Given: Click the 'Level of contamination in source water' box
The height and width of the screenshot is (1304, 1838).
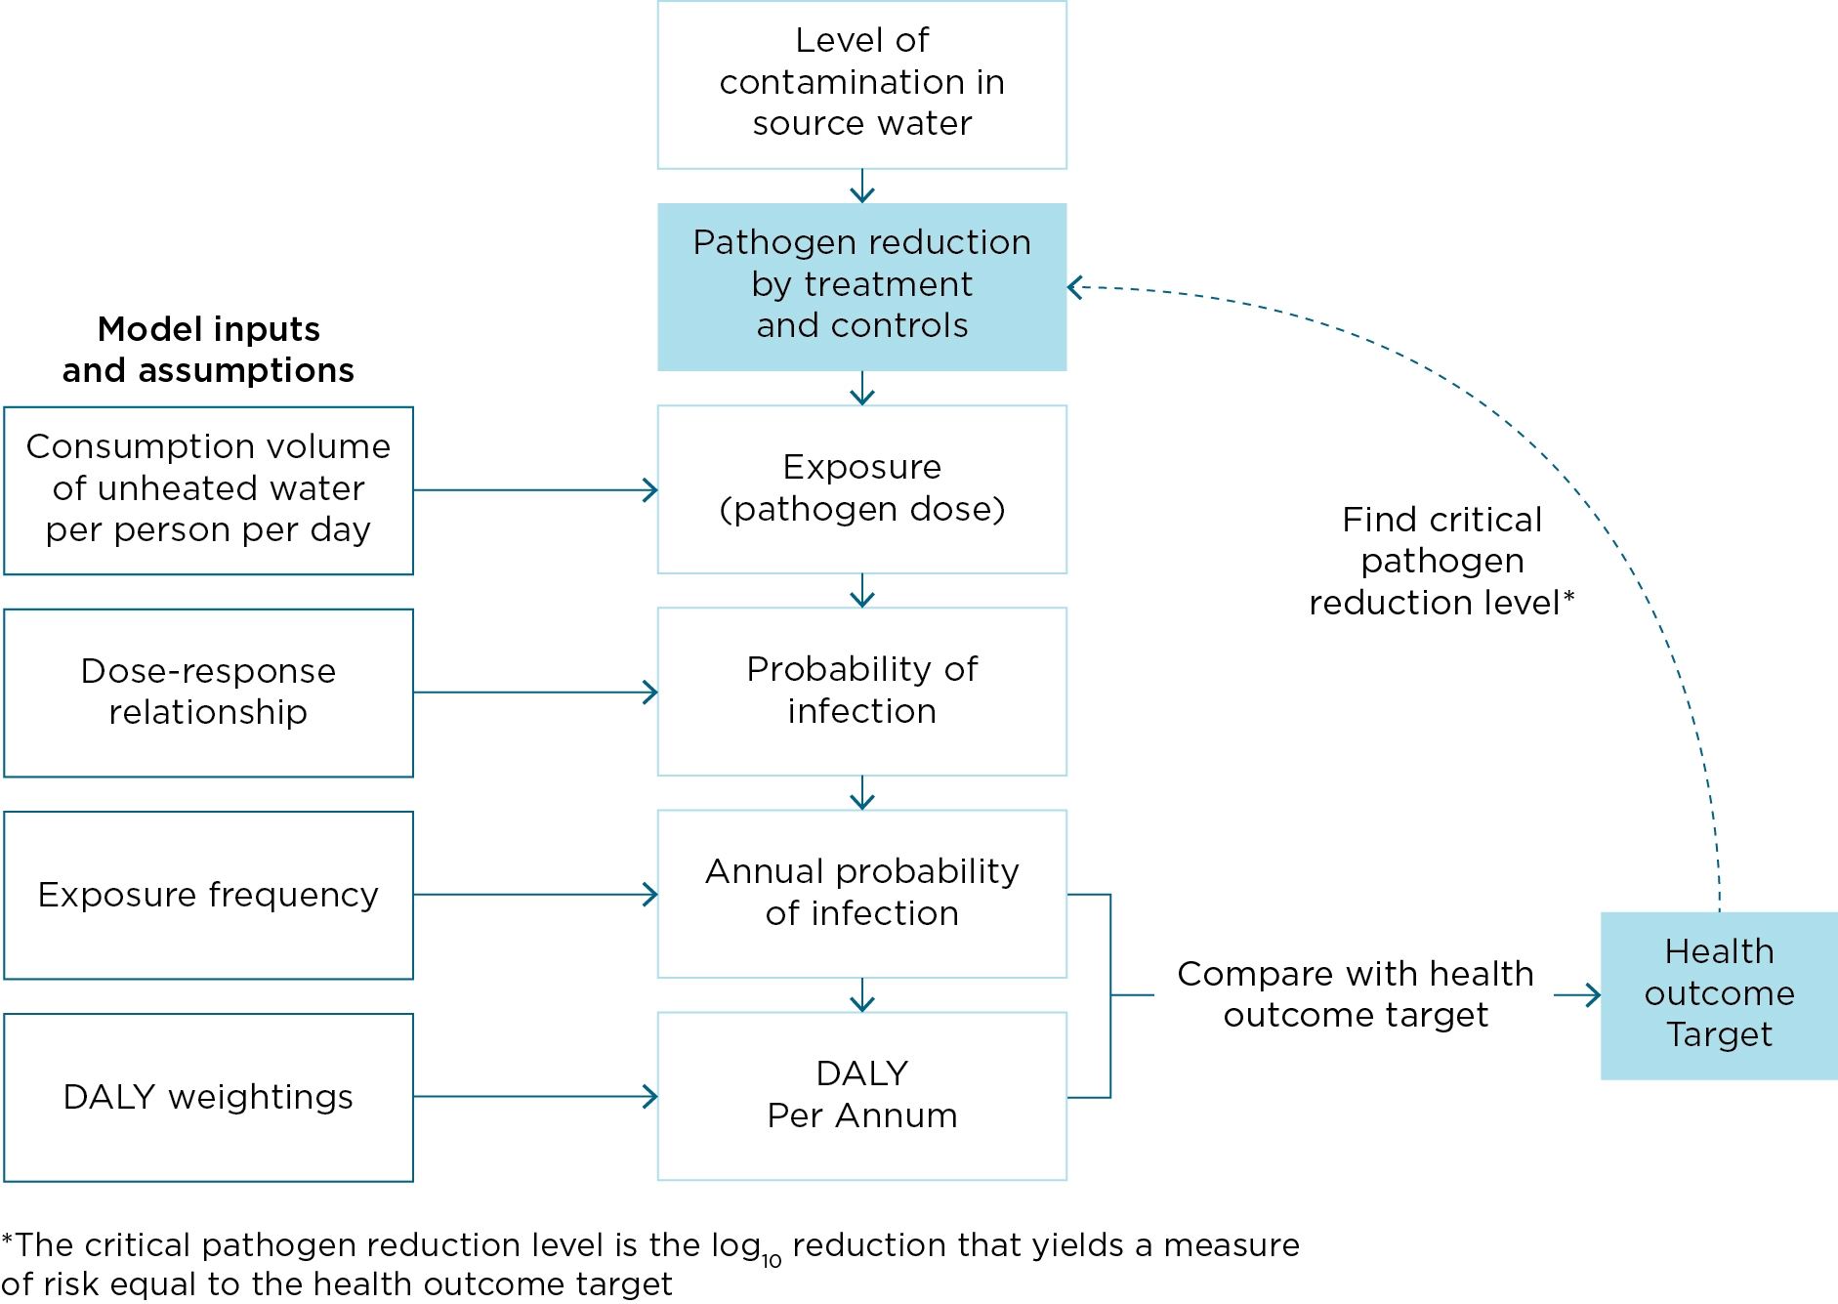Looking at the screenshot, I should pyautogui.click(x=861, y=84).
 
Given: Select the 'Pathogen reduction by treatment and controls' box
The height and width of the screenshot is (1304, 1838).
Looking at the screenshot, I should pyautogui.click(x=861, y=286).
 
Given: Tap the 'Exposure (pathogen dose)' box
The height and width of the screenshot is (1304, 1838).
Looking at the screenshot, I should pyautogui.click(x=861, y=488).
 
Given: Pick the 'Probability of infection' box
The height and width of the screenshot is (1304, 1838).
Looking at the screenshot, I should pyautogui.click(x=861, y=691).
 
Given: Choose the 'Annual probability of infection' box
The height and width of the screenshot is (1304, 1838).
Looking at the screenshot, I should pyautogui.click(x=861, y=893).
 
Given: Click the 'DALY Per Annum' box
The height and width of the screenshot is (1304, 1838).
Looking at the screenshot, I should pyautogui.click(x=861, y=1095).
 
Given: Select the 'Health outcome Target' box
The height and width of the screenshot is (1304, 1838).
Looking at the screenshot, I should pyautogui.click(x=1719, y=994).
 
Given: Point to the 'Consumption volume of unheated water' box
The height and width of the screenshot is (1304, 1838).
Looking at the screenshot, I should pyautogui.click(x=208, y=489).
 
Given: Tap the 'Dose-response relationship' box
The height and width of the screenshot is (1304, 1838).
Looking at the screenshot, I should pyautogui.click(x=208, y=692).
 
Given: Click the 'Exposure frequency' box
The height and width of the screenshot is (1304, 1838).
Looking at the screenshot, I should pyautogui.click(x=208, y=895).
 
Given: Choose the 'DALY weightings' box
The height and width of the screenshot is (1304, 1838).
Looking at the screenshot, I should pyautogui.click(x=208, y=1097).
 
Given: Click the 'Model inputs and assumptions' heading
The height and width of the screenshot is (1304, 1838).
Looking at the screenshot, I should pyautogui.click(x=208, y=350).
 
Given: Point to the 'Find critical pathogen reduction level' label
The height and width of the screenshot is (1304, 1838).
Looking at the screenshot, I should pyautogui.click(x=1441, y=561).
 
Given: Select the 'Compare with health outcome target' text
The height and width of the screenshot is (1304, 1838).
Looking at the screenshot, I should pyautogui.click(x=1356, y=994).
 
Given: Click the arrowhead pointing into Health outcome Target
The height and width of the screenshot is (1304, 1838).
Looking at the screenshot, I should pyautogui.click(x=1592, y=995).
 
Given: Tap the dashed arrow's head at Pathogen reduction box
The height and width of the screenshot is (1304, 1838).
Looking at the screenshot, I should pyautogui.click(x=1075, y=287).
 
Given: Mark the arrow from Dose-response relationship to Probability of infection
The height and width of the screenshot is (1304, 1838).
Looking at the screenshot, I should pyautogui.click(x=535, y=693).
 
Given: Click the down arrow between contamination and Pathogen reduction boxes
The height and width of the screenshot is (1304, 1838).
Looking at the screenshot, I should pyautogui.click(x=861, y=187).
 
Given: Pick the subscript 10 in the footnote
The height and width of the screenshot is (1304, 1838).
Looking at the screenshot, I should pyautogui.click(x=772, y=1261).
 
